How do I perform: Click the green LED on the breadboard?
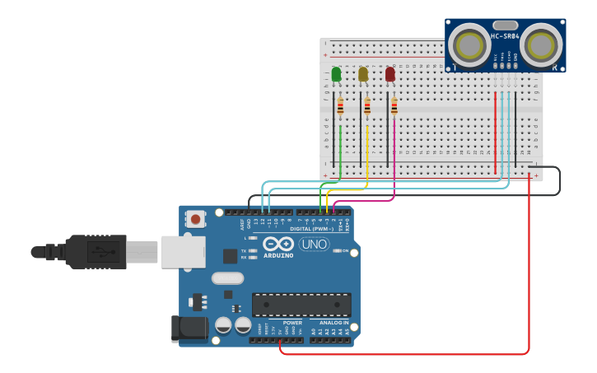tap(336, 75)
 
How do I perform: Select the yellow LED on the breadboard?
tap(363, 75)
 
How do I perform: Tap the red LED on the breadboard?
tap(389, 75)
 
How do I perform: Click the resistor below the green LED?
tap(340, 106)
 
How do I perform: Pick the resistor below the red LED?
tap(394, 106)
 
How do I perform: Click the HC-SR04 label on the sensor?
tap(505, 36)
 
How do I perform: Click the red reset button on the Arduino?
tap(195, 220)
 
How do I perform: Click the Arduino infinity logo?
tap(278, 244)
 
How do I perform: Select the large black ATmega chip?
tap(301, 304)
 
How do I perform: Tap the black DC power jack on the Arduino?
tap(189, 328)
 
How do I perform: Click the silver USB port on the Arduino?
tap(183, 251)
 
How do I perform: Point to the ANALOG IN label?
tap(333, 323)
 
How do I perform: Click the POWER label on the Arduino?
tap(292, 323)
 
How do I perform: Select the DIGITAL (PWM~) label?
tap(311, 228)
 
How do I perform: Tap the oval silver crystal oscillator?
tap(227, 278)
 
